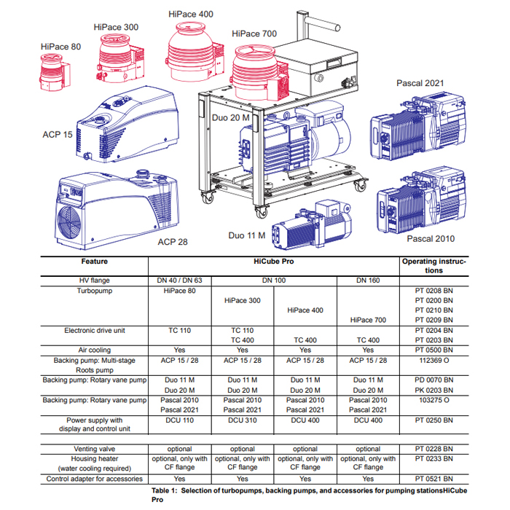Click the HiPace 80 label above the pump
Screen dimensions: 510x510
pos(61,47)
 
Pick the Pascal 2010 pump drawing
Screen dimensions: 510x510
pos(415,202)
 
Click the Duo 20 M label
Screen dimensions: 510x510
pos(230,117)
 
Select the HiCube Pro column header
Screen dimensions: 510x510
pos(273,262)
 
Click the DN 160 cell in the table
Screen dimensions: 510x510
pos(368,280)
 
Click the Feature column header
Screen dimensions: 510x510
pos(94,262)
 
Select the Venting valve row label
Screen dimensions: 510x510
pos(94,449)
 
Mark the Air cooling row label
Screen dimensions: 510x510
pos(94,350)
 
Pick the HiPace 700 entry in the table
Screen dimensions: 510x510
pos(368,320)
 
